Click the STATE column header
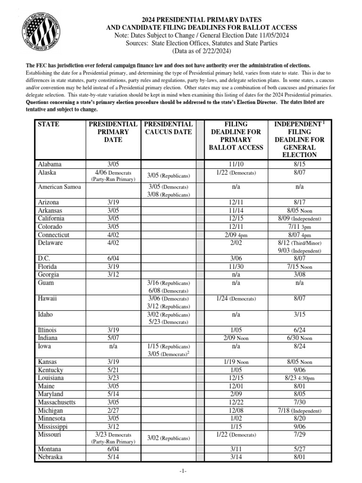click(x=49, y=124)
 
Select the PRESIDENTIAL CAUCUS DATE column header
click(x=169, y=128)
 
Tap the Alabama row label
click(x=49, y=164)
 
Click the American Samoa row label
click(x=59, y=186)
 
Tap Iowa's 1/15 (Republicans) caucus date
click(x=169, y=346)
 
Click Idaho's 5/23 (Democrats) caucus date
click(x=169, y=322)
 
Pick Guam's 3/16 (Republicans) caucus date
click(x=169, y=283)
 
